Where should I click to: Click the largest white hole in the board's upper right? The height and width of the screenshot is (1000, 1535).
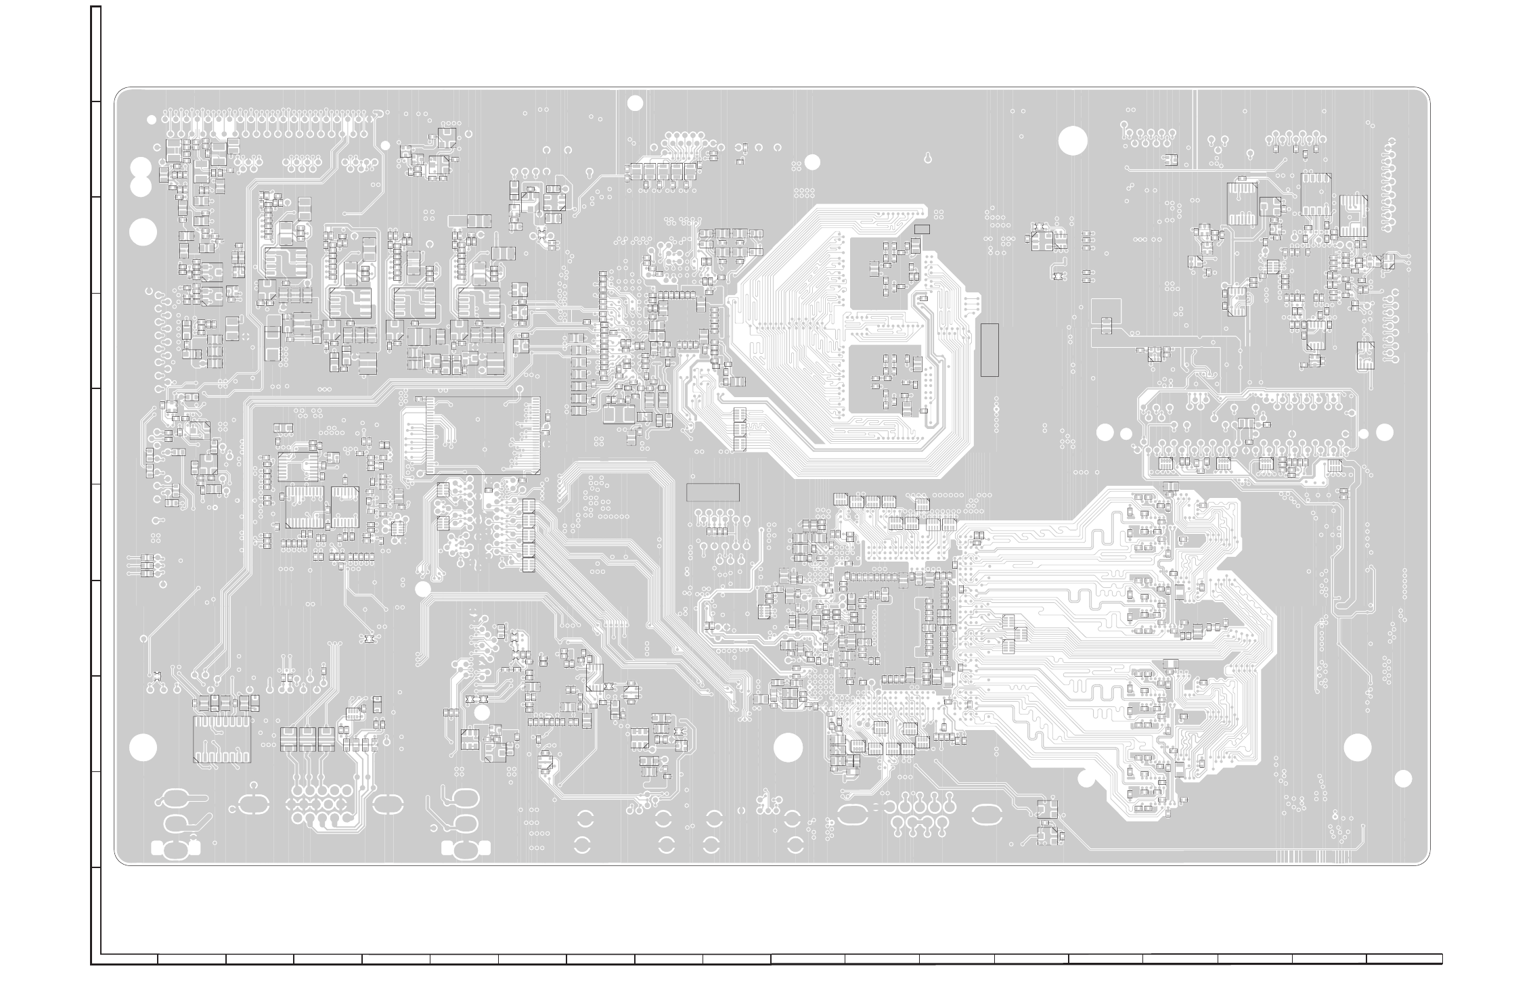[x=1073, y=141]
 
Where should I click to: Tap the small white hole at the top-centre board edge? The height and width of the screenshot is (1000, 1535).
[x=635, y=103]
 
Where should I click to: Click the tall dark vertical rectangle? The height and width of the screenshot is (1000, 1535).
[x=989, y=350]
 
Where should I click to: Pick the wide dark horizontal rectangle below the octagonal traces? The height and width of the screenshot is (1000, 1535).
[x=713, y=493]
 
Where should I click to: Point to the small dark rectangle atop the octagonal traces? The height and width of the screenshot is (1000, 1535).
[x=922, y=229]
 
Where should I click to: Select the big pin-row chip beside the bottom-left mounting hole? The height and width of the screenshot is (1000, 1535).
[x=221, y=739]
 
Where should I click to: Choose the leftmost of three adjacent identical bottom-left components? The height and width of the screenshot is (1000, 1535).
[x=289, y=739]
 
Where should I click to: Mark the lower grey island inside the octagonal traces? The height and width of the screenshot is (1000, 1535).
[x=885, y=380]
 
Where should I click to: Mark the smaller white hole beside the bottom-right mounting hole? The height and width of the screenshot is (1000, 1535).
[x=1404, y=779]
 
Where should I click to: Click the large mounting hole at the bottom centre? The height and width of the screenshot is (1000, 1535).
[x=788, y=748]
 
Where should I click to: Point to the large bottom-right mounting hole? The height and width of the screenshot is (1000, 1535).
[x=1357, y=748]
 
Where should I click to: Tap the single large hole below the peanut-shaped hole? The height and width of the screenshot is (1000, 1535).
[x=143, y=233]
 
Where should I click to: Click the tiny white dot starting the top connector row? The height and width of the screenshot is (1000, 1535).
[x=152, y=120]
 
